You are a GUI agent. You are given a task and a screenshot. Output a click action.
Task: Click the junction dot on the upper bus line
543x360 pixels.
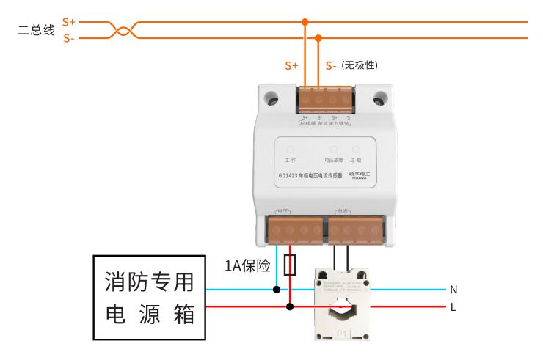(x=305, y=22)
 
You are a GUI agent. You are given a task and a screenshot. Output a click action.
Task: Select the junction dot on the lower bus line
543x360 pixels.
(x=318, y=37)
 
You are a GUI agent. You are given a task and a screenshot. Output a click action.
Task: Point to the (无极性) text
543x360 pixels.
(x=360, y=65)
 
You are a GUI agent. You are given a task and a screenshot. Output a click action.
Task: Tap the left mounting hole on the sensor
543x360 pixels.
(x=272, y=98)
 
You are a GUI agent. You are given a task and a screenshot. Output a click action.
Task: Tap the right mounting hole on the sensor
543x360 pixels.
(x=380, y=98)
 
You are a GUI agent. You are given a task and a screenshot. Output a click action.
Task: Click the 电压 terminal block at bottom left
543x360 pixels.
(x=294, y=230)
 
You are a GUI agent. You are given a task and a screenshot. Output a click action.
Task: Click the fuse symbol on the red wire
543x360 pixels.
(x=291, y=265)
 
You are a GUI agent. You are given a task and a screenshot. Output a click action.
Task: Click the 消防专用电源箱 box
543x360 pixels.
(x=147, y=298)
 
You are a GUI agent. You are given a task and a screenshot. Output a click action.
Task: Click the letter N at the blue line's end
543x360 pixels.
(x=453, y=289)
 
